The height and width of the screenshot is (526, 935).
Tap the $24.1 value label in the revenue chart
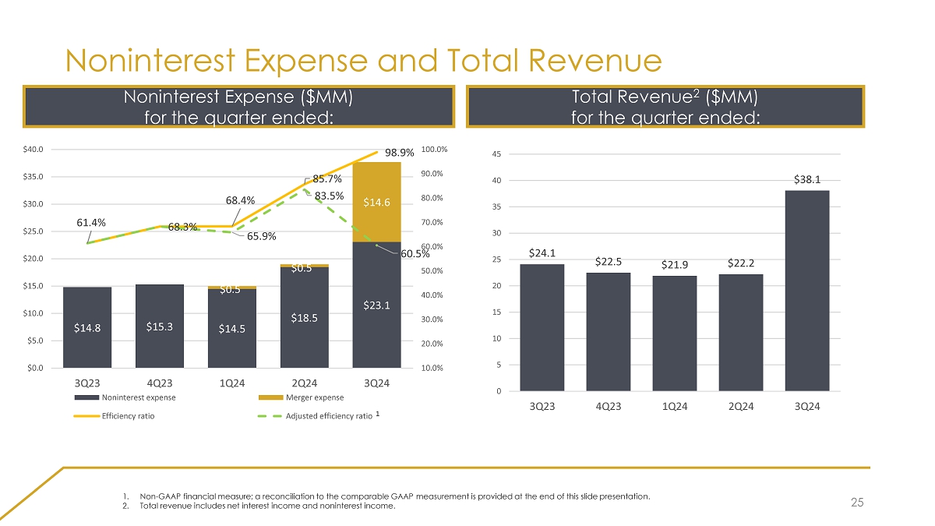(x=542, y=253)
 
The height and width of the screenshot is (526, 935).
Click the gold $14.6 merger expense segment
(x=376, y=203)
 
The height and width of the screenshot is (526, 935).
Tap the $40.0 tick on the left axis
(x=43, y=149)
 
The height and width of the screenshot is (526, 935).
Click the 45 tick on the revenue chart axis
(x=496, y=154)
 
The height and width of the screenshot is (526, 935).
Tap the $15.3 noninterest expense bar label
(x=160, y=327)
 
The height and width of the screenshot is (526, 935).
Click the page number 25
(x=857, y=503)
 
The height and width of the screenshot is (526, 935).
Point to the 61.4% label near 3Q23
(x=92, y=223)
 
